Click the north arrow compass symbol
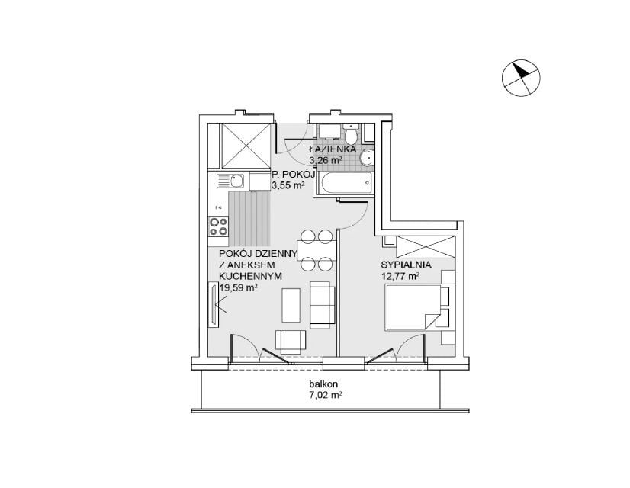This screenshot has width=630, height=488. click(521, 79)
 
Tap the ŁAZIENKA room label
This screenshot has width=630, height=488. click(333, 149)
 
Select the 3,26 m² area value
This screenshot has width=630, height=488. click(326, 160)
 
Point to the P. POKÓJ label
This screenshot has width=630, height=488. click(293, 175)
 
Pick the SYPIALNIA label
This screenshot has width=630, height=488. click(406, 265)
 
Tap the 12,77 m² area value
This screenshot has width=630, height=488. click(400, 276)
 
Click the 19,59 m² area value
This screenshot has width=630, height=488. click(238, 287)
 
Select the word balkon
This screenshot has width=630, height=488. click(323, 384)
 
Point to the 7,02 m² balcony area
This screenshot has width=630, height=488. click(325, 395)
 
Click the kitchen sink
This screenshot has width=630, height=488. click(230, 181)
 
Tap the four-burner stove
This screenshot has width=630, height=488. click(218, 226)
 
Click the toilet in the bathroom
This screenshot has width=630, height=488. click(351, 133)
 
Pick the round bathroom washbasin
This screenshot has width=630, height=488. click(367, 157)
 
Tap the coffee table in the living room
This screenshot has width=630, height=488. click(291, 305)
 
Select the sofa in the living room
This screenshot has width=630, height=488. click(323, 304)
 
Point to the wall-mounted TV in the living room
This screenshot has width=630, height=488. click(213, 303)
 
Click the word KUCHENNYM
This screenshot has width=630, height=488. click(250, 276)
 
